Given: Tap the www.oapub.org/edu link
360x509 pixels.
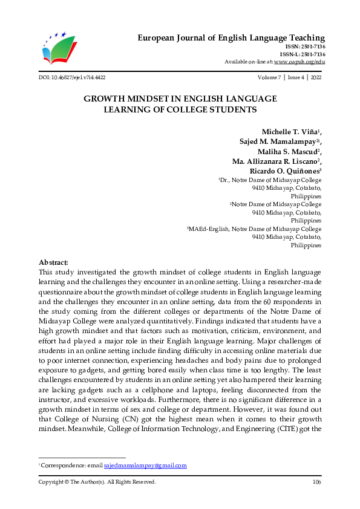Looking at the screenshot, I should click(x=299, y=62).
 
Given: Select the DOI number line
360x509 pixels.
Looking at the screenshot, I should click(x=71, y=78).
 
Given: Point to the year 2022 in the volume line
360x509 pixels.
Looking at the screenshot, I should click(x=315, y=78).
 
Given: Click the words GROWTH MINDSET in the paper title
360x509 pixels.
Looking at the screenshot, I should click(x=121, y=98).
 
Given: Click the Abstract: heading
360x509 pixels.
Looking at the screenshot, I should click(x=53, y=262).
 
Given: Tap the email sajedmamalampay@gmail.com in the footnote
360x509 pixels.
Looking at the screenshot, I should click(x=145, y=465).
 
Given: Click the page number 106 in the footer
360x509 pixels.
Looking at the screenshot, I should click(x=316, y=482).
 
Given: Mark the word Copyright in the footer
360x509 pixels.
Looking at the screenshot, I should click(x=52, y=482).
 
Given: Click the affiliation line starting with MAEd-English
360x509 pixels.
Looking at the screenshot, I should click(x=255, y=230).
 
